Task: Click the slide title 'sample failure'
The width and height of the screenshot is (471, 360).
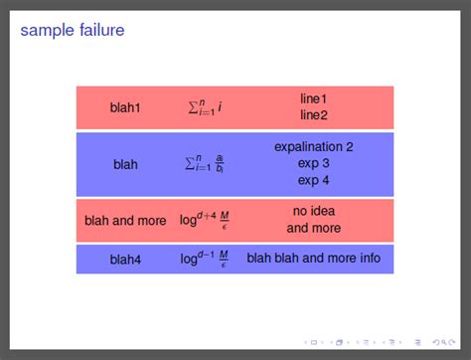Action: [x=73, y=31]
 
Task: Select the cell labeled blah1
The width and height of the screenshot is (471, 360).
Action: [x=125, y=107]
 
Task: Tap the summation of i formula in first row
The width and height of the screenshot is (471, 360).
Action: [x=205, y=106]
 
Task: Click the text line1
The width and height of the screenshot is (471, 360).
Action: [x=313, y=98]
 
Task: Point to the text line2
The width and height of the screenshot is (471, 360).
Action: [x=313, y=115]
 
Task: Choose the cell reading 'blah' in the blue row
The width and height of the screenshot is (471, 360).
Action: [x=125, y=164]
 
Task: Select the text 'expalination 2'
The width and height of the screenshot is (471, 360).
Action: [x=313, y=146]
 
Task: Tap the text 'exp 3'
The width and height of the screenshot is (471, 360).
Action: [x=313, y=163]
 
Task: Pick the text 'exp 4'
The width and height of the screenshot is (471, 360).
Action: [x=313, y=180]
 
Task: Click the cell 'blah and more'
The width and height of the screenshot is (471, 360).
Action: [x=125, y=221]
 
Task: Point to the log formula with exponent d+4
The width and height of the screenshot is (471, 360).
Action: [x=205, y=220]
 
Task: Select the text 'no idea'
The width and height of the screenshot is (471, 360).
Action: [x=313, y=211]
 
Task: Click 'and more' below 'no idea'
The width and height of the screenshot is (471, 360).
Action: [x=313, y=228]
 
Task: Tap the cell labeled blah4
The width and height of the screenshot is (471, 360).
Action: [x=125, y=260]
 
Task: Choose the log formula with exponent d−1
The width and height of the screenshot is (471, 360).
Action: [x=205, y=259]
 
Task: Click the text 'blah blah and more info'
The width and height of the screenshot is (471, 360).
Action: [x=313, y=259]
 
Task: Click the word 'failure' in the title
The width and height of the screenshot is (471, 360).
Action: [x=99, y=31]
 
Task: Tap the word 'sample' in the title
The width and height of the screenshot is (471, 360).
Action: [x=46, y=32]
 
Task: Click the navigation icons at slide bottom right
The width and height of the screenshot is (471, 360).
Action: [x=377, y=343]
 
